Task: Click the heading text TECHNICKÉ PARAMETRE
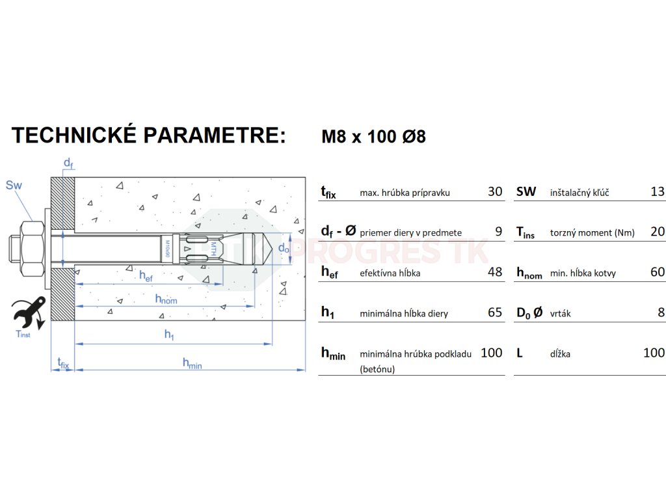tap(148, 135)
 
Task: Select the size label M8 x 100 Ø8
tap(373, 137)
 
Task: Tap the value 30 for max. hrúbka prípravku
tap(495, 191)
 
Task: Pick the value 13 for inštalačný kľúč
tap(658, 191)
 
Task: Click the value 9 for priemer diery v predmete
tap(499, 231)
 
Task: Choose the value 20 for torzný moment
tap(658, 231)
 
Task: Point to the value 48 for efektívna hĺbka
tap(495, 272)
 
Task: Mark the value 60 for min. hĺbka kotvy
tap(658, 272)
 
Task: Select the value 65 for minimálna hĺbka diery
tap(495, 312)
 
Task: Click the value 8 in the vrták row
tap(661, 312)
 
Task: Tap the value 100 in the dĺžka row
tap(654, 353)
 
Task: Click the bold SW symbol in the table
tap(526, 191)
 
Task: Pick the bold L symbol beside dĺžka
tap(520, 353)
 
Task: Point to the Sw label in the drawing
tap(14, 186)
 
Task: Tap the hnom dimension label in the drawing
tap(166, 299)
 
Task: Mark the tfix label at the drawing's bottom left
tap(63, 363)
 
